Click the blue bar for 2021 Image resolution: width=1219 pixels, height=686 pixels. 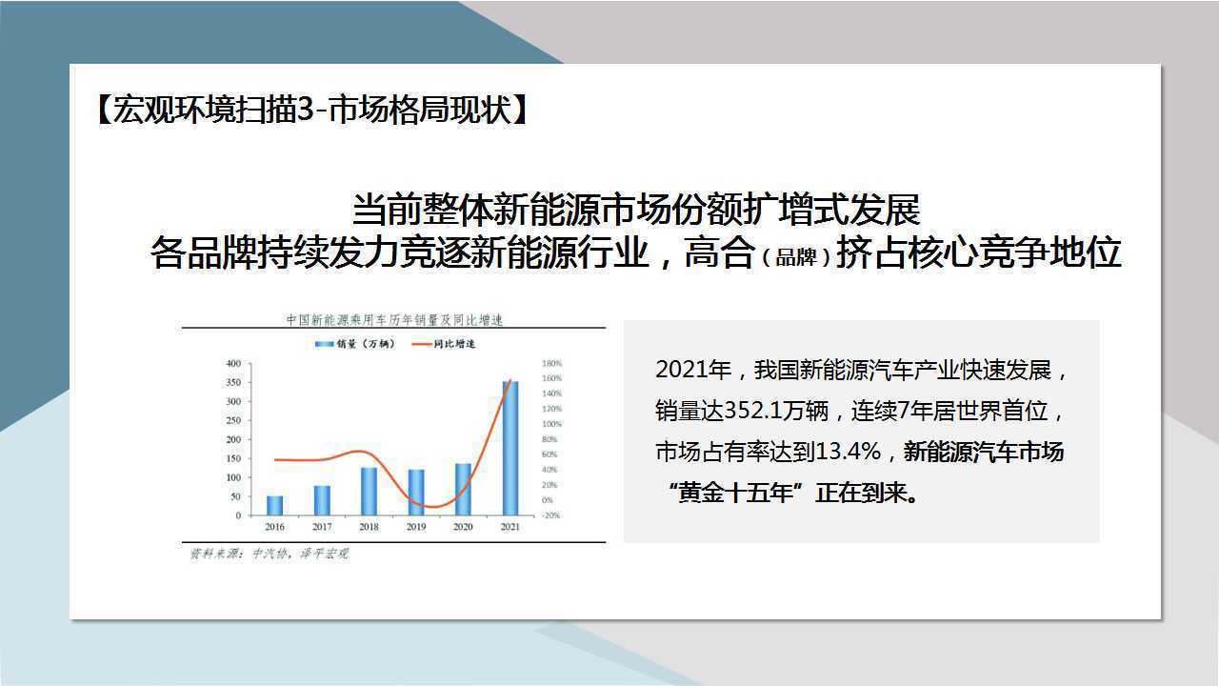click(510, 448)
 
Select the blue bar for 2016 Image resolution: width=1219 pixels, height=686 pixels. click(275, 505)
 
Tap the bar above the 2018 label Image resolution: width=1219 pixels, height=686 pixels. click(369, 491)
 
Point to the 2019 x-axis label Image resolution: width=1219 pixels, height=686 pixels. click(416, 527)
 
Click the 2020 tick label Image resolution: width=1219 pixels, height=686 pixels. click(463, 527)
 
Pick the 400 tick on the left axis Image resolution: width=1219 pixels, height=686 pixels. click(233, 363)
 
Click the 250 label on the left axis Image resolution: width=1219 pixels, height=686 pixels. click(233, 420)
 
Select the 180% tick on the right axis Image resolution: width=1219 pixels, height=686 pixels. click(551, 363)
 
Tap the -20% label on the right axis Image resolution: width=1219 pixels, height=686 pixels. click(550, 515)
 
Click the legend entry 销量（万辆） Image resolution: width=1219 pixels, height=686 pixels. click(355, 344)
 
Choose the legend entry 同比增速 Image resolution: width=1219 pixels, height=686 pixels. click(444, 344)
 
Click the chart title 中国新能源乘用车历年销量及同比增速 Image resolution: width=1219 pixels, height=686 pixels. click(394, 319)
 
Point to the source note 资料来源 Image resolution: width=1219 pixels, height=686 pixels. click(270, 554)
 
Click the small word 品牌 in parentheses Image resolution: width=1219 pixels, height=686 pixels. click(795, 257)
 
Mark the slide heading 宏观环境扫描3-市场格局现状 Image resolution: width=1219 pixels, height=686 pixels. click(313, 110)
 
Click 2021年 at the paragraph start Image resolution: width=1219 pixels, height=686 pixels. click(693, 371)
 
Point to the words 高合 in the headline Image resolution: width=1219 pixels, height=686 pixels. click(720, 252)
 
